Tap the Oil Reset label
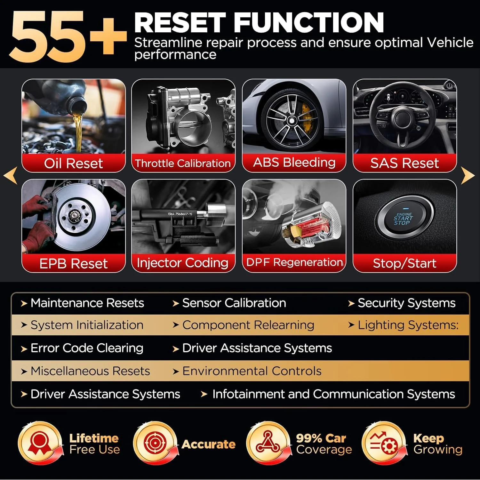click(73, 163)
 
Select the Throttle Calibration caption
click(183, 163)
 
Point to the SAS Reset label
click(404, 163)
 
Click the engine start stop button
click(404, 219)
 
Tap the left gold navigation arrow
click(11, 175)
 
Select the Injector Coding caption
click(183, 263)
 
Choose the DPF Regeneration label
click(294, 262)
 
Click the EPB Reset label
click(73, 264)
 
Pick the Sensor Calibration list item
click(234, 303)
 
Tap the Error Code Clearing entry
click(87, 348)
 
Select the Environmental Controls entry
click(252, 371)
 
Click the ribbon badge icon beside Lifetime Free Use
click(40, 444)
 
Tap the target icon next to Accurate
click(155, 444)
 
